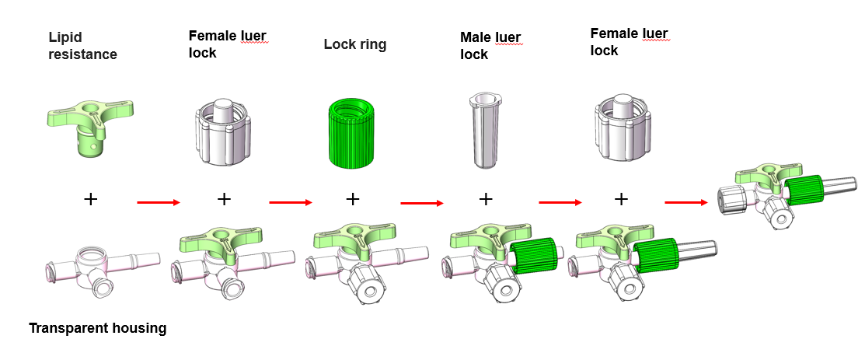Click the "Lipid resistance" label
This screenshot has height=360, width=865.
(82, 46)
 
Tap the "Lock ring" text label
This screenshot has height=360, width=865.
(354, 44)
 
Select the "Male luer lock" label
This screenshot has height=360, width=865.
(490, 46)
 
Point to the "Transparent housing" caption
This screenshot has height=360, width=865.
(97, 328)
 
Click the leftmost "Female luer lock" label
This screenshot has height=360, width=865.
(228, 44)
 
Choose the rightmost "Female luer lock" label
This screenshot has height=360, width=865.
(629, 42)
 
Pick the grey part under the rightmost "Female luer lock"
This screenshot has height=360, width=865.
(623, 124)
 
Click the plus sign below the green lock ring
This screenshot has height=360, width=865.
(353, 199)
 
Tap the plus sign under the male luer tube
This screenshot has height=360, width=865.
(486, 199)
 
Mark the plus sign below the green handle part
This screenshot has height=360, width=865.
(91, 200)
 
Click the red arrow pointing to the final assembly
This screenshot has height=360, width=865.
(685, 204)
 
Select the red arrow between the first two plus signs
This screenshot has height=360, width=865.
(158, 204)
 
